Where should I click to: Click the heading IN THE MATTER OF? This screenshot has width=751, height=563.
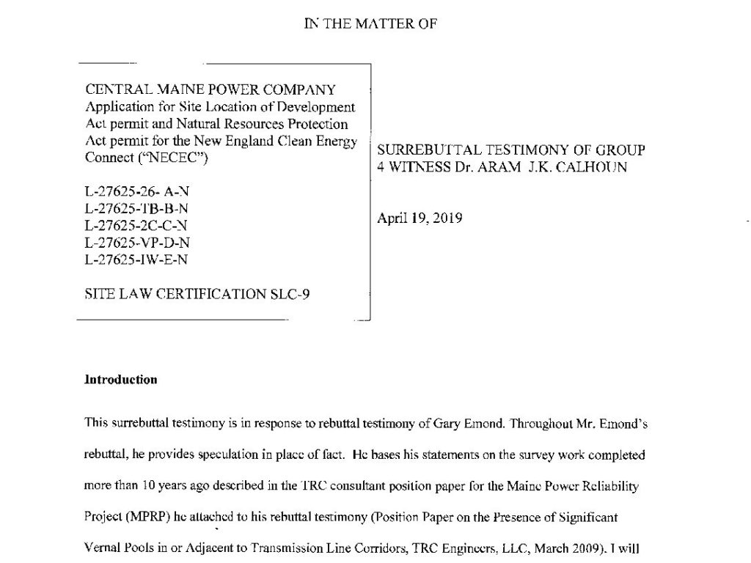(370, 23)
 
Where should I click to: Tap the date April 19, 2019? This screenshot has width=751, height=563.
(419, 218)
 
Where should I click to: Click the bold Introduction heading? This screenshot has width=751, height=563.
(121, 380)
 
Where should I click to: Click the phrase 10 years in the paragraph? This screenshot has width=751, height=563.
(160, 486)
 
